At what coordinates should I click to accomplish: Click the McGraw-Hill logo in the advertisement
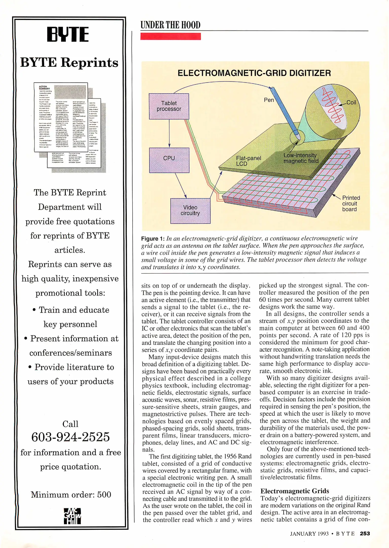(72, 516)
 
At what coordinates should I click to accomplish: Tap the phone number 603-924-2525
(70, 437)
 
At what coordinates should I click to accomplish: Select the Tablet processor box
(169, 106)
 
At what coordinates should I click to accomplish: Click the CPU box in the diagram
(169, 160)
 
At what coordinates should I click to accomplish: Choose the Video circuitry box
(190, 211)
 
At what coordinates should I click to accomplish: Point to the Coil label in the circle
(351, 102)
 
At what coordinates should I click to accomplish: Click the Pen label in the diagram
(269, 100)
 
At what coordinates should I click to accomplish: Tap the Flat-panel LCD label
(248, 161)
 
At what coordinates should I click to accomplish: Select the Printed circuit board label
(351, 203)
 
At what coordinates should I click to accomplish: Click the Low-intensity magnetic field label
(301, 158)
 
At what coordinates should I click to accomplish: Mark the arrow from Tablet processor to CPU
(169, 133)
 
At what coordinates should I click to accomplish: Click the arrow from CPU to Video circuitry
(181, 185)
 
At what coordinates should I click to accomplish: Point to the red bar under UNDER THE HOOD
(171, 37)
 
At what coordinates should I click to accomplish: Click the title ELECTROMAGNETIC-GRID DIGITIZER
(254, 73)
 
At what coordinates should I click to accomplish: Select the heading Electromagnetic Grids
(295, 491)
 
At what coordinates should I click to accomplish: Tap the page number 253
(365, 534)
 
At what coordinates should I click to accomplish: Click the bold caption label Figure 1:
(153, 239)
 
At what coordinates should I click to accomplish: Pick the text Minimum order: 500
(71, 494)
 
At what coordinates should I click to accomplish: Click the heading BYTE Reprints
(69, 62)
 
